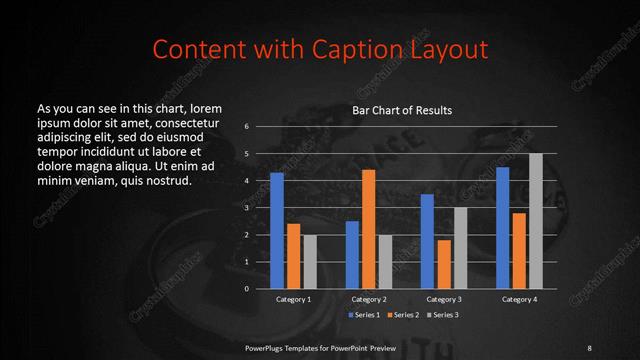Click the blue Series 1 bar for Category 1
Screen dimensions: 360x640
pos(277,230)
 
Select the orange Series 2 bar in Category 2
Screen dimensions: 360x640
pos(368,229)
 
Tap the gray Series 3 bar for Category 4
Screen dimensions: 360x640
pos(535,221)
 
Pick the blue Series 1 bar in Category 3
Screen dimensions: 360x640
pos(427,241)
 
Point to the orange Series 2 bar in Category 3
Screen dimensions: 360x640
pos(444,264)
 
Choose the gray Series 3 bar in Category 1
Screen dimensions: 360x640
pos(309,261)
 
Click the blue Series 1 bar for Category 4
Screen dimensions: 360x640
pos(502,227)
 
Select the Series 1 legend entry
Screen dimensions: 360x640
pos(364,315)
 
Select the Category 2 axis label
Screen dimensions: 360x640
pos(369,299)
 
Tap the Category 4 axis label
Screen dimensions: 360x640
pos(519,299)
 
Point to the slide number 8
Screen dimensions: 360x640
pos(589,347)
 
